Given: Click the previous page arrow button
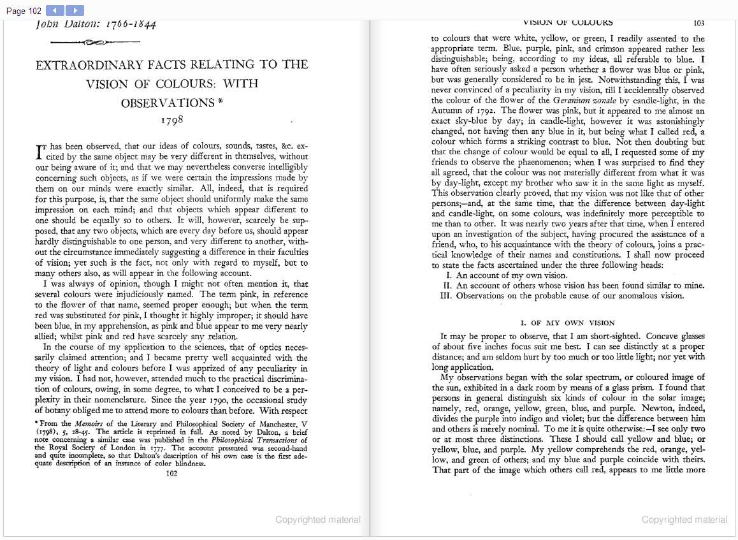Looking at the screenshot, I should click(x=55, y=10).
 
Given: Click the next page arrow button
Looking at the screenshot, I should click(x=75, y=10).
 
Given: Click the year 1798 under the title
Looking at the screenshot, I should click(x=172, y=120).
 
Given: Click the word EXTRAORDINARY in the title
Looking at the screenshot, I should click(x=98, y=64).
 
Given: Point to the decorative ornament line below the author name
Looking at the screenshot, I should click(x=87, y=43).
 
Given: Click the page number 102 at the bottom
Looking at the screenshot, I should click(x=171, y=473).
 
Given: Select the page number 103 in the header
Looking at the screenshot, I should click(x=698, y=23).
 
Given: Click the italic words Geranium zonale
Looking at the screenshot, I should click(x=582, y=100).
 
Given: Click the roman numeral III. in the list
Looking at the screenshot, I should click(x=447, y=296).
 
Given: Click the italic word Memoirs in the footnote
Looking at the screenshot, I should click(x=89, y=424).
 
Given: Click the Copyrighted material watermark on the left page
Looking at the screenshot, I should click(x=317, y=520).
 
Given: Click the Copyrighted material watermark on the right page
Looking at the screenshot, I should click(x=684, y=520).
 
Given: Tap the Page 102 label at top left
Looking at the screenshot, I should click(x=24, y=11).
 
